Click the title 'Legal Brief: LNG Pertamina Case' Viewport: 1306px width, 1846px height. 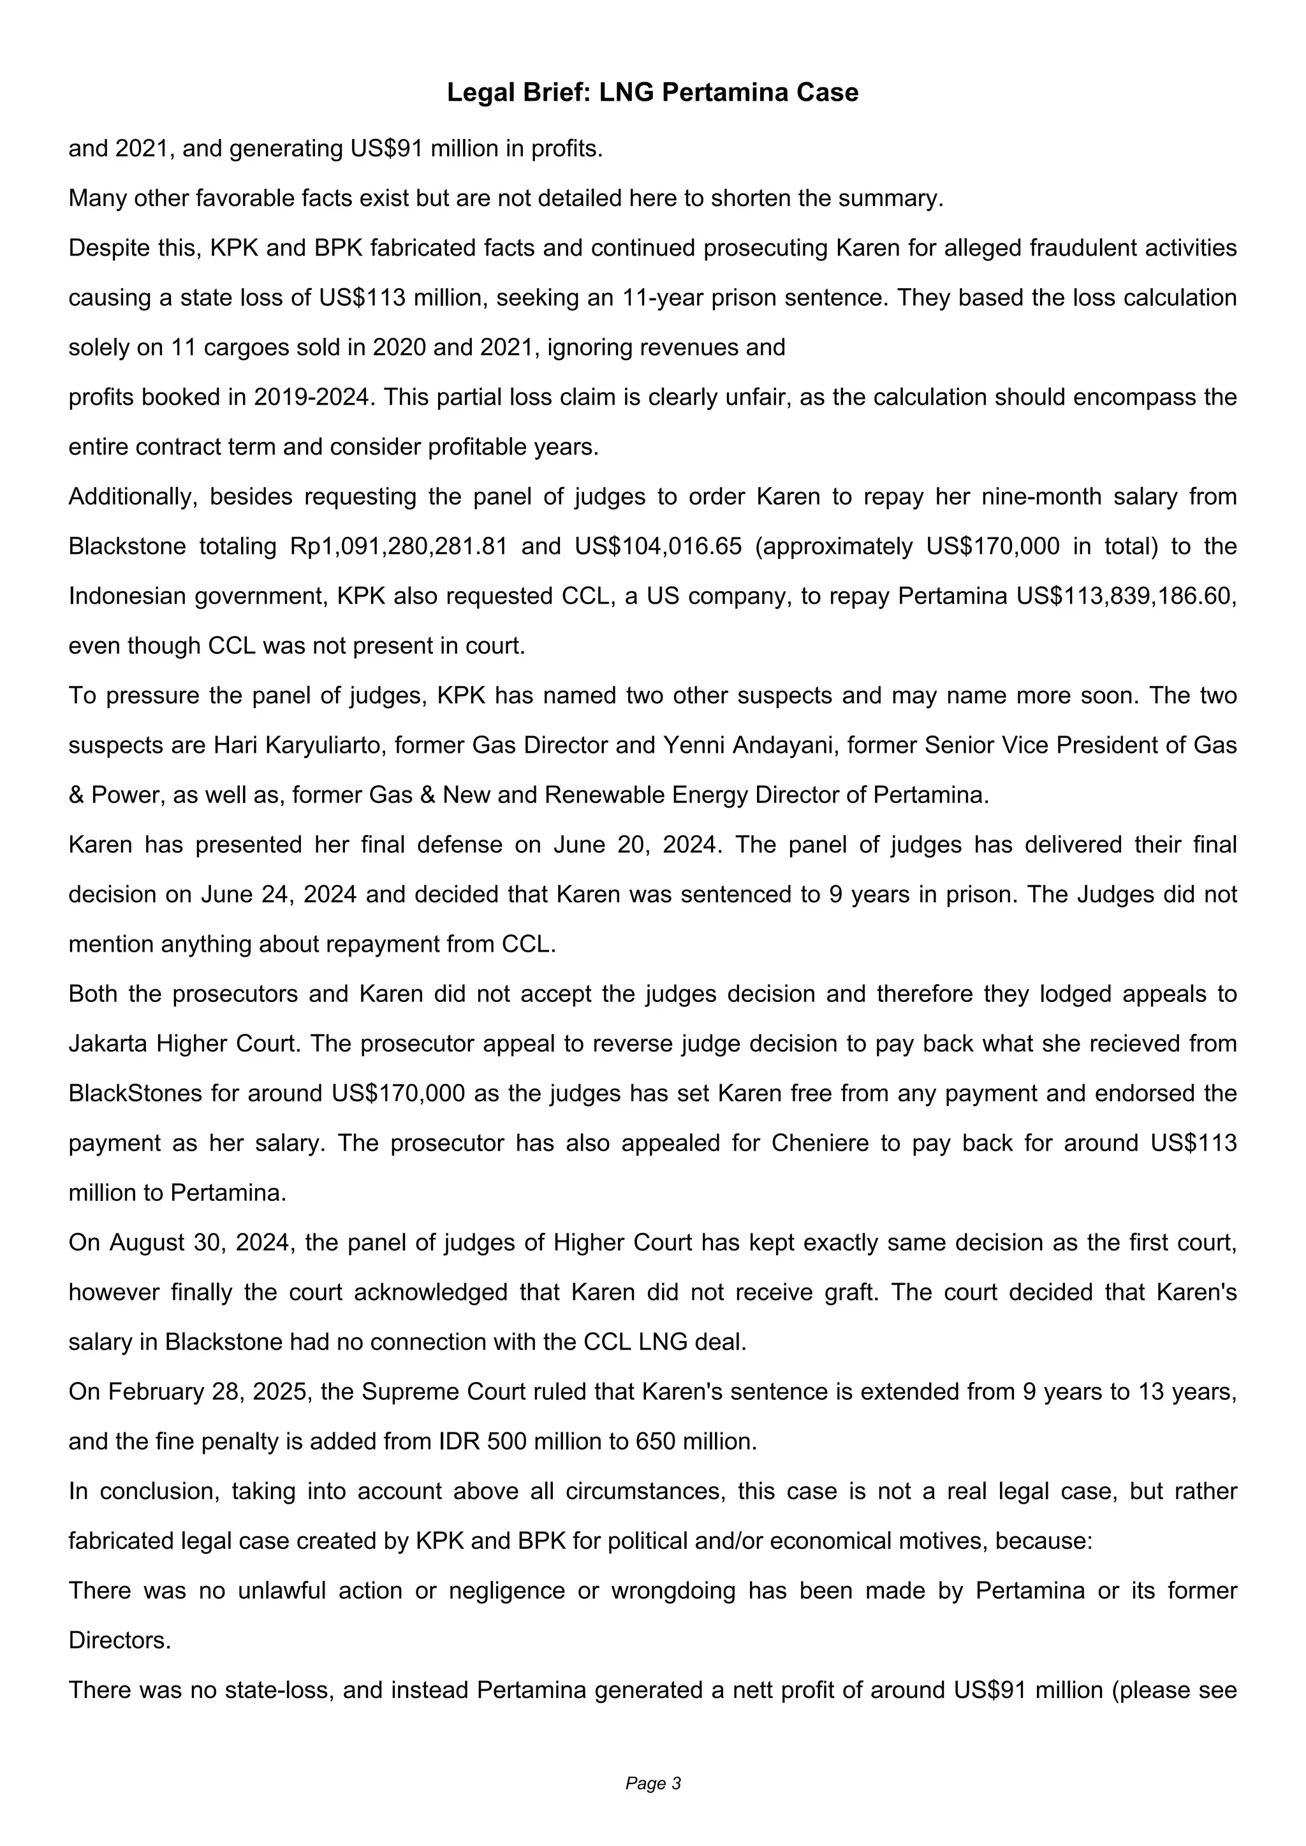[652, 92]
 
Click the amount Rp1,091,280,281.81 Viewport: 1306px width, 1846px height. [398, 547]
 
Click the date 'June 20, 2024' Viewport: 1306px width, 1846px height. [635, 845]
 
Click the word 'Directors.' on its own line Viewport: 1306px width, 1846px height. [120, 1640]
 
